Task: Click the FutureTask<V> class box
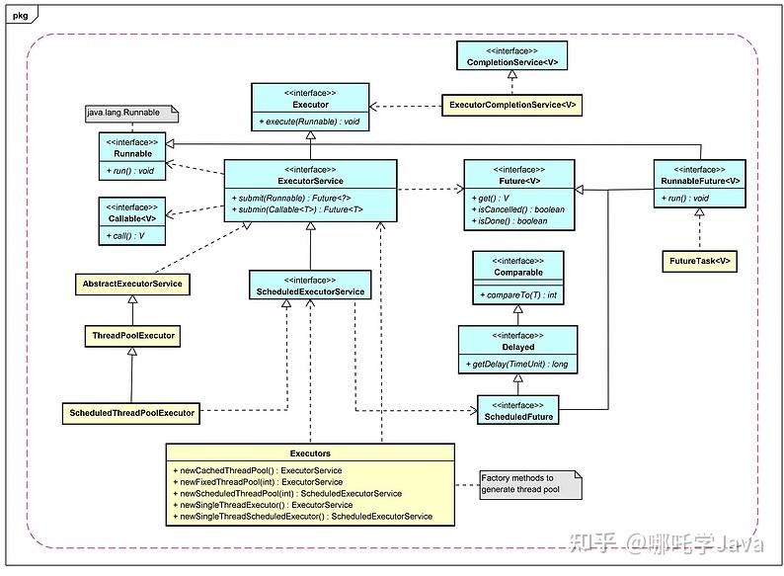(699, 261)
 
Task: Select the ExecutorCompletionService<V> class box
(512, 105)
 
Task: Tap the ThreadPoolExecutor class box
(133, 336)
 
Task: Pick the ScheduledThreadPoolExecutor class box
(131, 413)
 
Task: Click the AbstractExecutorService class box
(132, 284)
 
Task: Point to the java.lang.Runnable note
(132, 113)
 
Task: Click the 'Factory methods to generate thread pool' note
(531, 484)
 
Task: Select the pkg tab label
(21, 16)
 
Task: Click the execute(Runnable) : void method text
(309, 122)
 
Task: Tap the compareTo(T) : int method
(518, 295)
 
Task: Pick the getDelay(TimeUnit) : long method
(516, 365)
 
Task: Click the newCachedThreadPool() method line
(258, 471)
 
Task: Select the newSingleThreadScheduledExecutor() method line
(302, 517)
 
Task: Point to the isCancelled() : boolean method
(518, 209)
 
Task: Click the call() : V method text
(125, 236)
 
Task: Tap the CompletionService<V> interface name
(512, 62)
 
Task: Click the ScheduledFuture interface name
(518, 417)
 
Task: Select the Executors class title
(310, 453)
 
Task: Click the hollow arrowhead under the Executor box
(310, 135)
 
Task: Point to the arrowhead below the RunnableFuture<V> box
(699, 212)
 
